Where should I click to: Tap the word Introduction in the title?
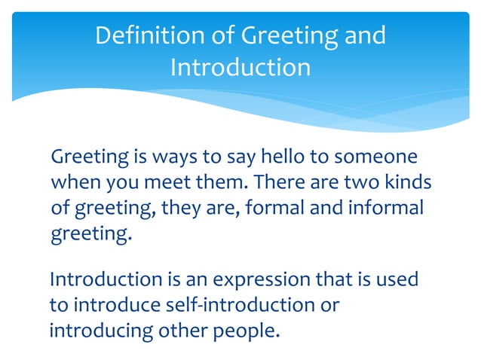[240, 68]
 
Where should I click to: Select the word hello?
[280, 158]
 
